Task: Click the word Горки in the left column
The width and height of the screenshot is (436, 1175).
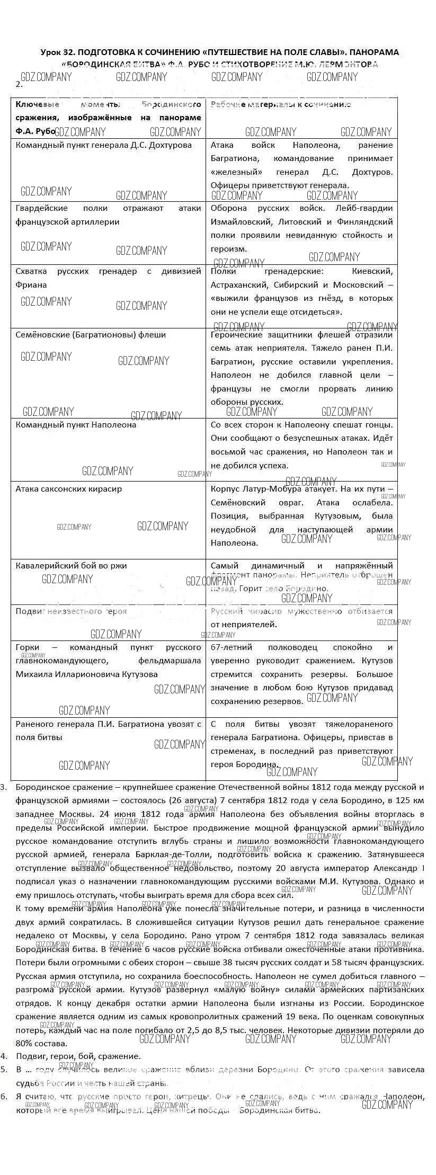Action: (x=28, y=647)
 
